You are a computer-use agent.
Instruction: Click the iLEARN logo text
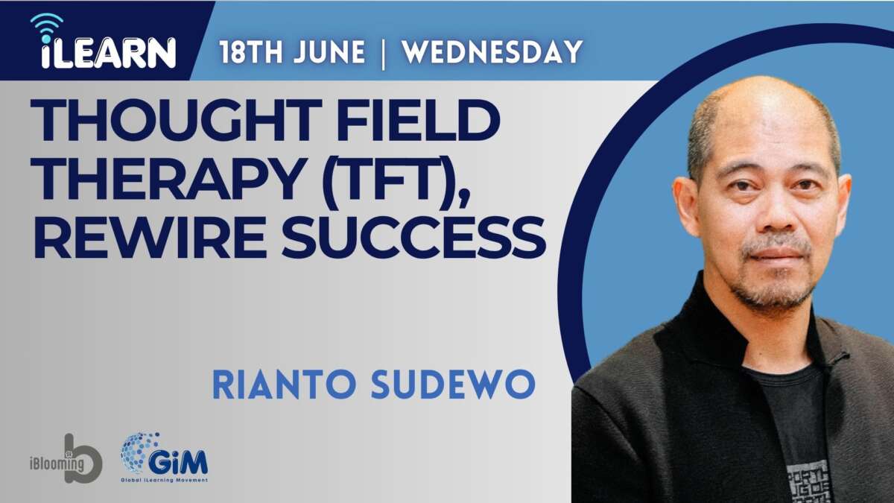click(x=109, y=52)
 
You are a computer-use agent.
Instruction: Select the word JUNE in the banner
click(x=329, y=52)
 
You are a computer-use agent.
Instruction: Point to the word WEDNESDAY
click(x=492, y=52)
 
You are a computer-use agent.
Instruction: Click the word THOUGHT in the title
click(x=176, y=120)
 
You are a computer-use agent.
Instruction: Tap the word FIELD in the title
click(x=418, y=120)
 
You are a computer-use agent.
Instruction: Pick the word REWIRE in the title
click(x=149, y=238)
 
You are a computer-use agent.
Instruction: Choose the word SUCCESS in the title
click(x=414, y=238)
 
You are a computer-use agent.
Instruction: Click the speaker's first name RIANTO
click(x=284, y=385)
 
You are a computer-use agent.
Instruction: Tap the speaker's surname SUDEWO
click(x=453, y=385)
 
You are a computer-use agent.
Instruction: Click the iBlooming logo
click(x=66, y=458)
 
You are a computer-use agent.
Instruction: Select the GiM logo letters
click(x=178, y=462)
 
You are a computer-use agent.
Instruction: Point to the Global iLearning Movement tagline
click(x=165, y=480)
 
